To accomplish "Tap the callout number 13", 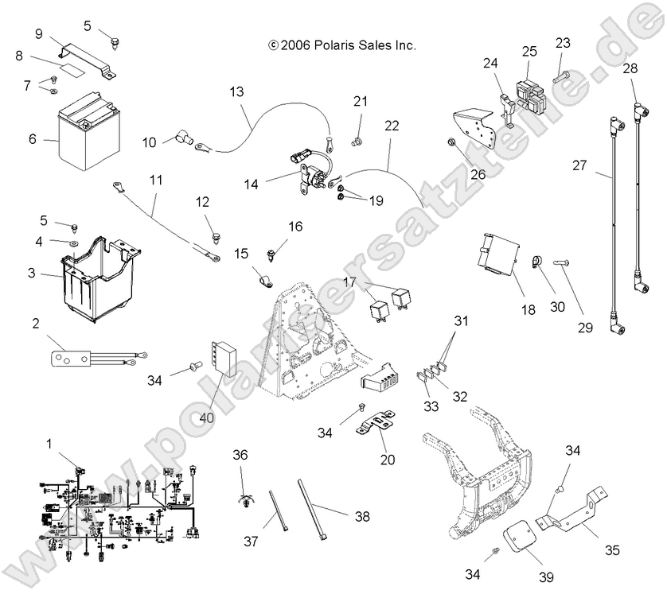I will click(237, 91).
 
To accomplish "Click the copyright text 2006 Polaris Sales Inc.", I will click(342, 46).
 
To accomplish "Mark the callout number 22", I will click(391, 126).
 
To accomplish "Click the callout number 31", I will click(462, 320).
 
